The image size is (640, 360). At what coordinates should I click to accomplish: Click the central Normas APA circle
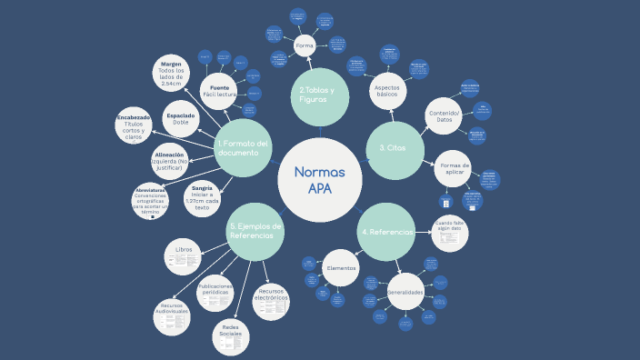tap(320, 180)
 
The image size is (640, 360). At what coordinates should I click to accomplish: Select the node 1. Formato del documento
tap(244, 147)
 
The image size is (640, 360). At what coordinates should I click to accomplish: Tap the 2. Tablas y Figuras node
tap(320, 95)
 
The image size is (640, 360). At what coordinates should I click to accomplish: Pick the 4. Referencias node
tap(386, 232)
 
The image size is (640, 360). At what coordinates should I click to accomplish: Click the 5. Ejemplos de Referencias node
tap(255, 231)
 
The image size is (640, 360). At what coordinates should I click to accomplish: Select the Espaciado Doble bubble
tap(186, 117)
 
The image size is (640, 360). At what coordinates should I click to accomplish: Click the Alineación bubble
tap(170, 160)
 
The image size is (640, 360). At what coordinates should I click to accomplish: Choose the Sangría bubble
tap(202, 197)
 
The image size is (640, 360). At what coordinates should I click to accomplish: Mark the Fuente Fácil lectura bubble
tap(219, 90)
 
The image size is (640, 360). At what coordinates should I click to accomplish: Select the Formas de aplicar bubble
tap(454, 168)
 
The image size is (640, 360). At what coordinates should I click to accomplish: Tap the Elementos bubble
tap(342, 267)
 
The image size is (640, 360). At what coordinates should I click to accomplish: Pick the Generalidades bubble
tap(405, 292)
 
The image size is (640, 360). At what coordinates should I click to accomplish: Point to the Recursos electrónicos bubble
tap(271, 301)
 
